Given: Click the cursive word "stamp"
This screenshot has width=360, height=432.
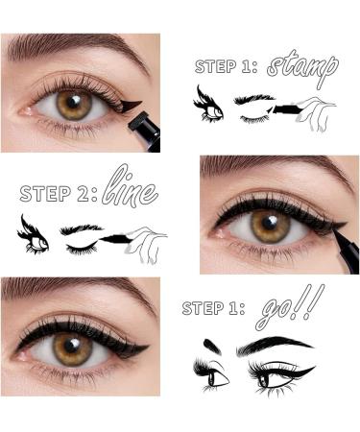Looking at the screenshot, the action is point(302,68).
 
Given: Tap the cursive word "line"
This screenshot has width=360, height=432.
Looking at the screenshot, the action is point(131,187).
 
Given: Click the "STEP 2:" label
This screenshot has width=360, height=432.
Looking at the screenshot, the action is point(59,193).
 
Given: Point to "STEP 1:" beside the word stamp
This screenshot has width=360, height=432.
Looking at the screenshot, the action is point(227,66).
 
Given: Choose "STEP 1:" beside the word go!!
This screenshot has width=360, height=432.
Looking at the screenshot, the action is point(213,308).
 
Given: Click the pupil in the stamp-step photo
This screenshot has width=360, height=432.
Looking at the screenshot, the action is point(75,102).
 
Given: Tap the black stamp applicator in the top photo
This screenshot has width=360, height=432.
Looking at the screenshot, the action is point(146,131).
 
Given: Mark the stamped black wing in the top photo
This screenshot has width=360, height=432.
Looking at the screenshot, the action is point(131,105).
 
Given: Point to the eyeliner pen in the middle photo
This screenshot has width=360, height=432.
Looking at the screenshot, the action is point(346,252).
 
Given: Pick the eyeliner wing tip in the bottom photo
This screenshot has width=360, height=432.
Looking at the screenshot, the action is point(149,346).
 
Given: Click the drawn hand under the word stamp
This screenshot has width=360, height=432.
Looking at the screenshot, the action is point(315,112).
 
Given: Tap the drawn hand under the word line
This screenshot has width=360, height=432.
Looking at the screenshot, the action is point(146,244).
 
